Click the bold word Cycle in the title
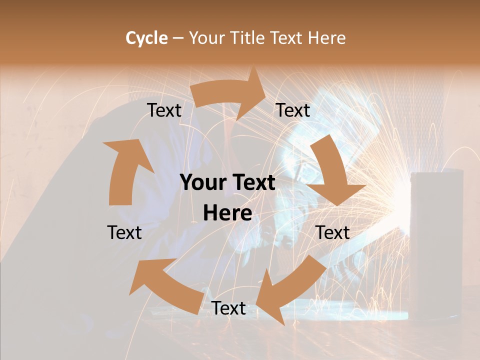tap(146, 38)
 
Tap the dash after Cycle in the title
tap(178, 38)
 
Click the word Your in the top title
tap(207, 38)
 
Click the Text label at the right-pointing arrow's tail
tap(164, 110)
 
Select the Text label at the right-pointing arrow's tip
tap(293, 110)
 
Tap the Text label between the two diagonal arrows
tap(228, 308)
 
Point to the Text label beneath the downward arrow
tap(332, 232)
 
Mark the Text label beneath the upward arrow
tap(124, 232)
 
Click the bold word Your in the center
tap(204, 183)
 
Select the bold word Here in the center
tap(227, 213)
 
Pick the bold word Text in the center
tap(252, 183)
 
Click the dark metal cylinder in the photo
tap(436, 240)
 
